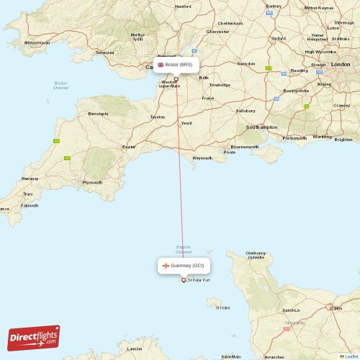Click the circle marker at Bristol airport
pos(176,79)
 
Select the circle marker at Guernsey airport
pos(183,280)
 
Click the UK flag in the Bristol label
pos(161,65)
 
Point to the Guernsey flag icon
pos(166,266)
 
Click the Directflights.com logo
pos(34,337)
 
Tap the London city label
pos(340,65)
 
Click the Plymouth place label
pos(92,182)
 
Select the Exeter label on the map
pos(129,146)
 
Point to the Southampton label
pos(261,127)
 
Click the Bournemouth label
pos(244,146)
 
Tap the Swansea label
pos(105,53)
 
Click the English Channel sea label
pos(184,249)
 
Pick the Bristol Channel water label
pos(60,86)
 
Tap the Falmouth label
pos(30,205)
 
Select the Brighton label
pos(343,139)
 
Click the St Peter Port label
pos(199,280)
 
